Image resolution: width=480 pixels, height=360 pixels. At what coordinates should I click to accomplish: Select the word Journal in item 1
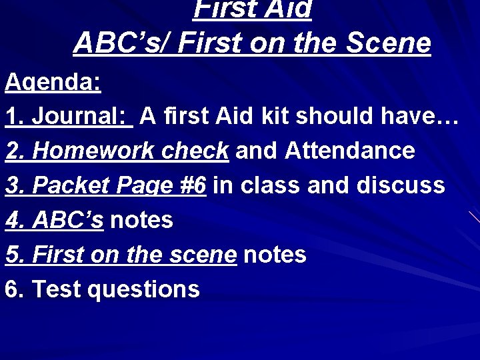pyautogui.click(x=80, y=117)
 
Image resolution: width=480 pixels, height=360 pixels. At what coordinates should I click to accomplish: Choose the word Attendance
pyautogui.click(x=350, y=151)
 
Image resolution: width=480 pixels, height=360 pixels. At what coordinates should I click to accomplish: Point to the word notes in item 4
pyautogui.click(x=141, y=220)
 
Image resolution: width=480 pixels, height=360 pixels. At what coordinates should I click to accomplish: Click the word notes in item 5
pyautogui.click(x=275, y=255)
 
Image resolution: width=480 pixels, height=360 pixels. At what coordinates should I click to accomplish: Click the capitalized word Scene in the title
pyautogui.click(x=393, y=43)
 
